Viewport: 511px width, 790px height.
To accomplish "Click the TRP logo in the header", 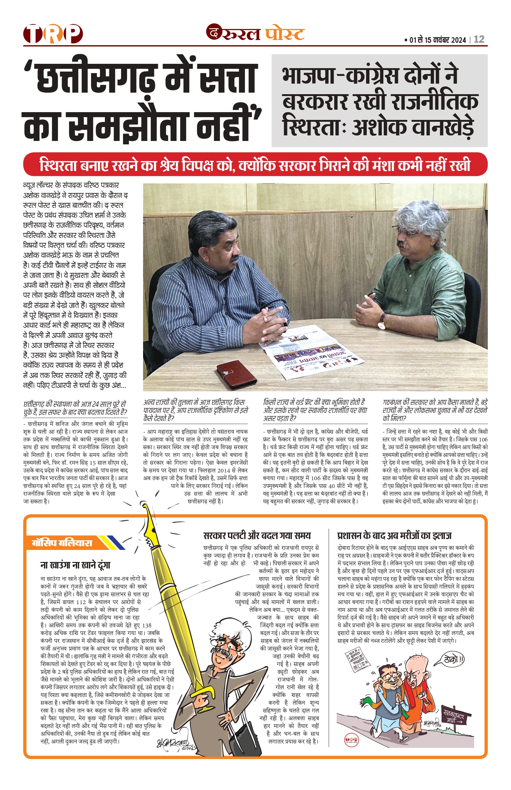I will pos(53,33).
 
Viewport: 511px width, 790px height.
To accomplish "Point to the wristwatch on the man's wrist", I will pos(382,321).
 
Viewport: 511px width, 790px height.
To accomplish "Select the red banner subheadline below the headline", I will pos(255,165).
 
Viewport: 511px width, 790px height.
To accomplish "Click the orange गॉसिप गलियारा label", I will pos(62,543).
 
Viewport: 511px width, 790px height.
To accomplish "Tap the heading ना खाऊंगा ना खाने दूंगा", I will pos(75,565).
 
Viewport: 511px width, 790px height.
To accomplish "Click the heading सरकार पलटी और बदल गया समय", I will pos(257,535).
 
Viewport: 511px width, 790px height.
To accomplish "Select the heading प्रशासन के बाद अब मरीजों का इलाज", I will pos(394,535).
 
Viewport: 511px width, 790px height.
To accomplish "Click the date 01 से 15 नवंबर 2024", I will pos(437,40).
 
